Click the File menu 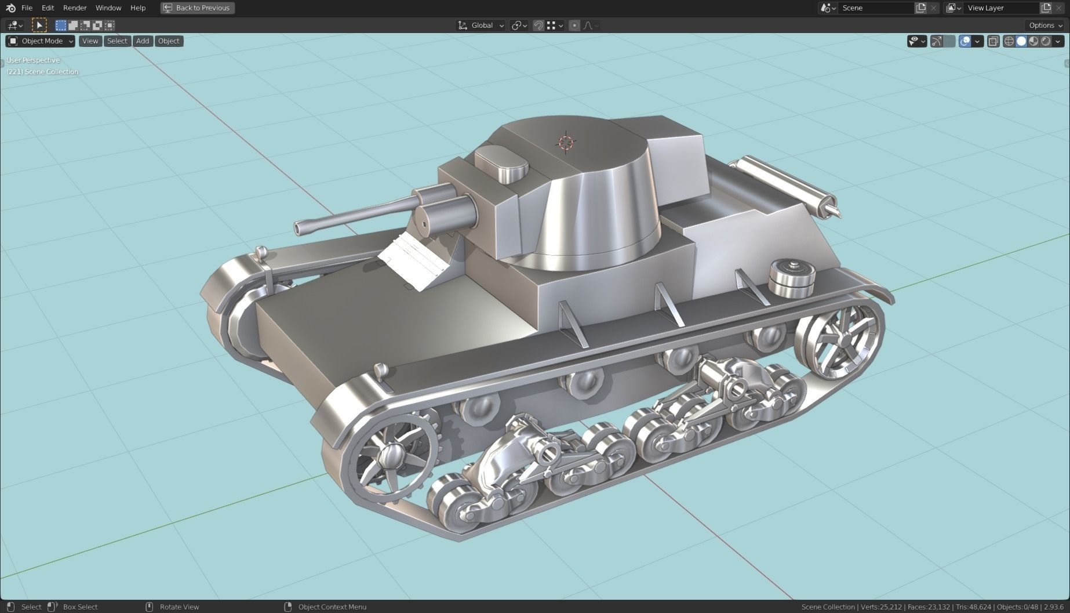point(27,8)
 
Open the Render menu point(75,8)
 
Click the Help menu point(138,8)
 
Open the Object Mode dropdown point(41,41)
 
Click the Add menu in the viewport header point(143,41)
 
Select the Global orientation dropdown point(481,26)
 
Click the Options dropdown point(1045,26)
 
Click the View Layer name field point(1000,8)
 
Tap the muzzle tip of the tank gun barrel point(299,228)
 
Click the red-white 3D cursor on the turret point(566,143)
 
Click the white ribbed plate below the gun point(413,262)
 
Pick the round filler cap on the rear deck point(792,277)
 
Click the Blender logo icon point(10,8)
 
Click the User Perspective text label point(33,60)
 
